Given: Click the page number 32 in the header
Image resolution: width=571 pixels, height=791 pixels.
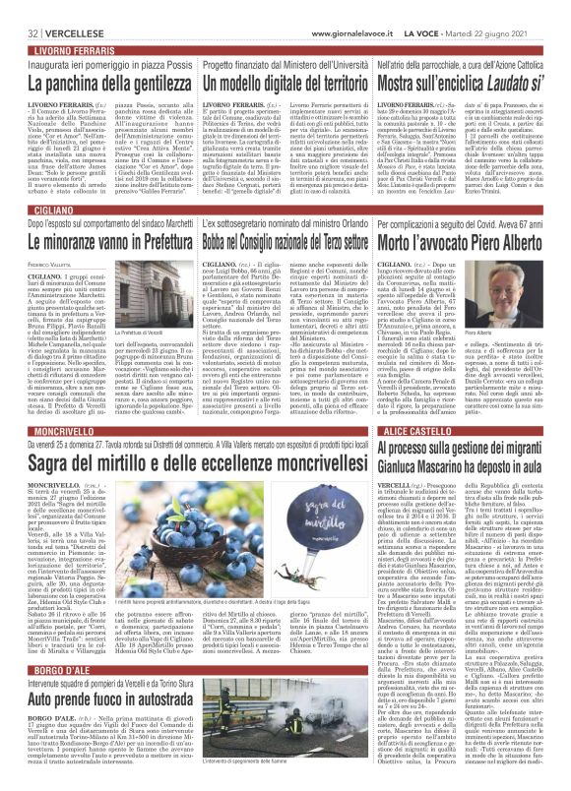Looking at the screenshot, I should [x=19, y=7].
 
